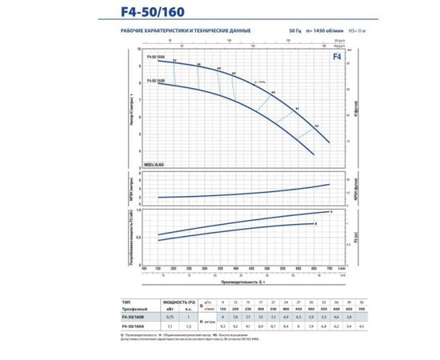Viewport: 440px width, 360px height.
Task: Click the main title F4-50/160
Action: pos(221,12)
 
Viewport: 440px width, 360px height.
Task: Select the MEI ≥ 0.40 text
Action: pos(154,162)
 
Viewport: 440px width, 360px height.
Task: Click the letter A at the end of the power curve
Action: pos(331,211)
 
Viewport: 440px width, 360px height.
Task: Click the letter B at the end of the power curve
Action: pos(316,223)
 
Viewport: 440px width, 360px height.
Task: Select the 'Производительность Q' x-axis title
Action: pos(241,281)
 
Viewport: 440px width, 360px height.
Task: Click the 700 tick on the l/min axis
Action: pos(329,268)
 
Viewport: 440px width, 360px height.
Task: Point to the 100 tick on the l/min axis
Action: pos(158,268)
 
